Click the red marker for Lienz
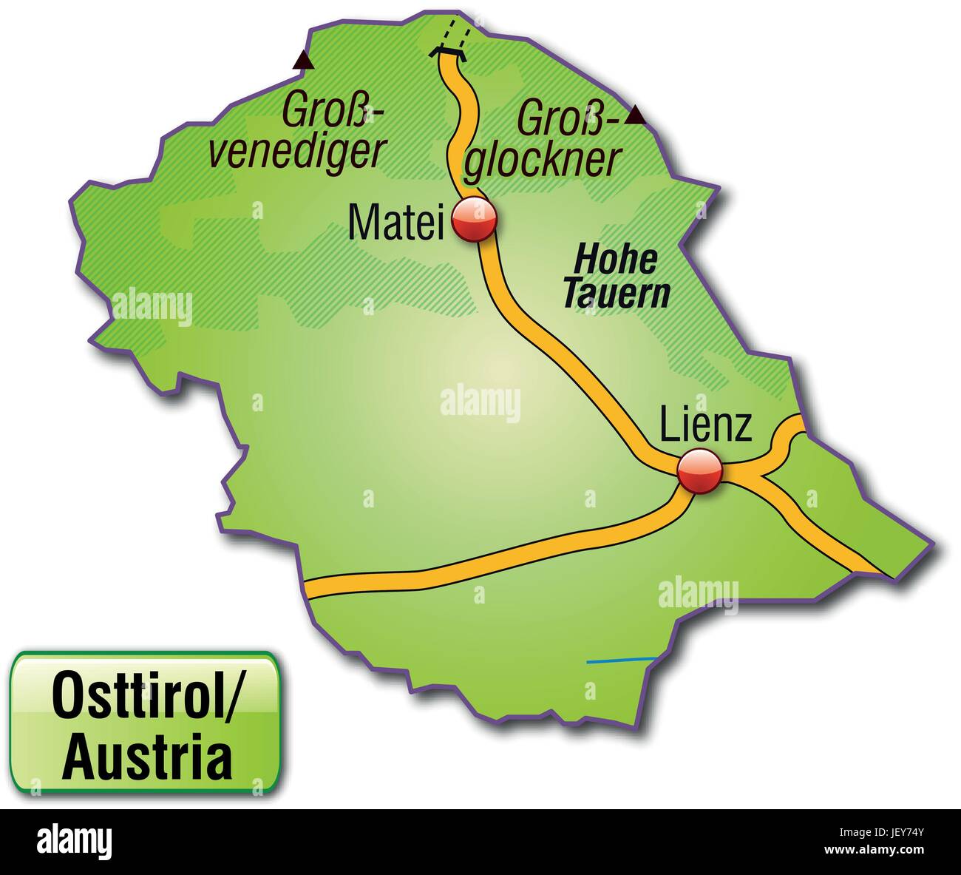click(699, 470)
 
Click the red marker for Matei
click(474, 219)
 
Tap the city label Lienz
click(705, 426)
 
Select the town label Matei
click(395, 220)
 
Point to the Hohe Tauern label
click(616, 277)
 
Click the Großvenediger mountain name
click(297, 132)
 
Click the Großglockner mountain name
click(542, 140)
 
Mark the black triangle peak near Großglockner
click(635, 115)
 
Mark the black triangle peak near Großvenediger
click(302, 61)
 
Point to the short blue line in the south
click(621, 660)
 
